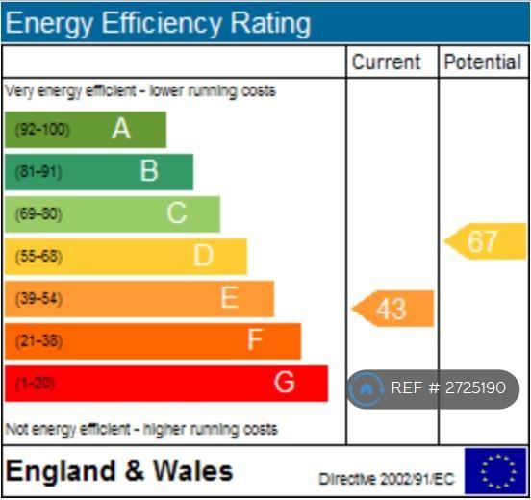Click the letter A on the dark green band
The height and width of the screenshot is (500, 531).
121,129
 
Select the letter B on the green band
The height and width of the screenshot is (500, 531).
149,170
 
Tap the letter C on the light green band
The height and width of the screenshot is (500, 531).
177,212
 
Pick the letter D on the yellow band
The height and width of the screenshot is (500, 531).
204,255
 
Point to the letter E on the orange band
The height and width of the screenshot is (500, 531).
229,297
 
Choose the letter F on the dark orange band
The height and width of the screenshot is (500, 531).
255,339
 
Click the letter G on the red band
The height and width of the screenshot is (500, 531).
284,382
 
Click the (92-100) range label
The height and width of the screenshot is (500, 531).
42,130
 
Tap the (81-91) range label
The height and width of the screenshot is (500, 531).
38,172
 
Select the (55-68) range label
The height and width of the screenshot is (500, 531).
38,257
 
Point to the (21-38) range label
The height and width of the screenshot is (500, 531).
38,341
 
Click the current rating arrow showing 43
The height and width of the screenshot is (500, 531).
392,309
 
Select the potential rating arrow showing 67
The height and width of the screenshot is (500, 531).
485,241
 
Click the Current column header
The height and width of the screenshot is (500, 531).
386,62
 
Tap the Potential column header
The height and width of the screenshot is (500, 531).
483,62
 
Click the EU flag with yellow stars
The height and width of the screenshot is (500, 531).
495,471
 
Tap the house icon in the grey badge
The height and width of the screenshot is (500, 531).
366,389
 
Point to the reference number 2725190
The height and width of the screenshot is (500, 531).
475,387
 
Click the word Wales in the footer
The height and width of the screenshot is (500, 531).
193,471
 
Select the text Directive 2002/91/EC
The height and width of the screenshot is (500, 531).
387,479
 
